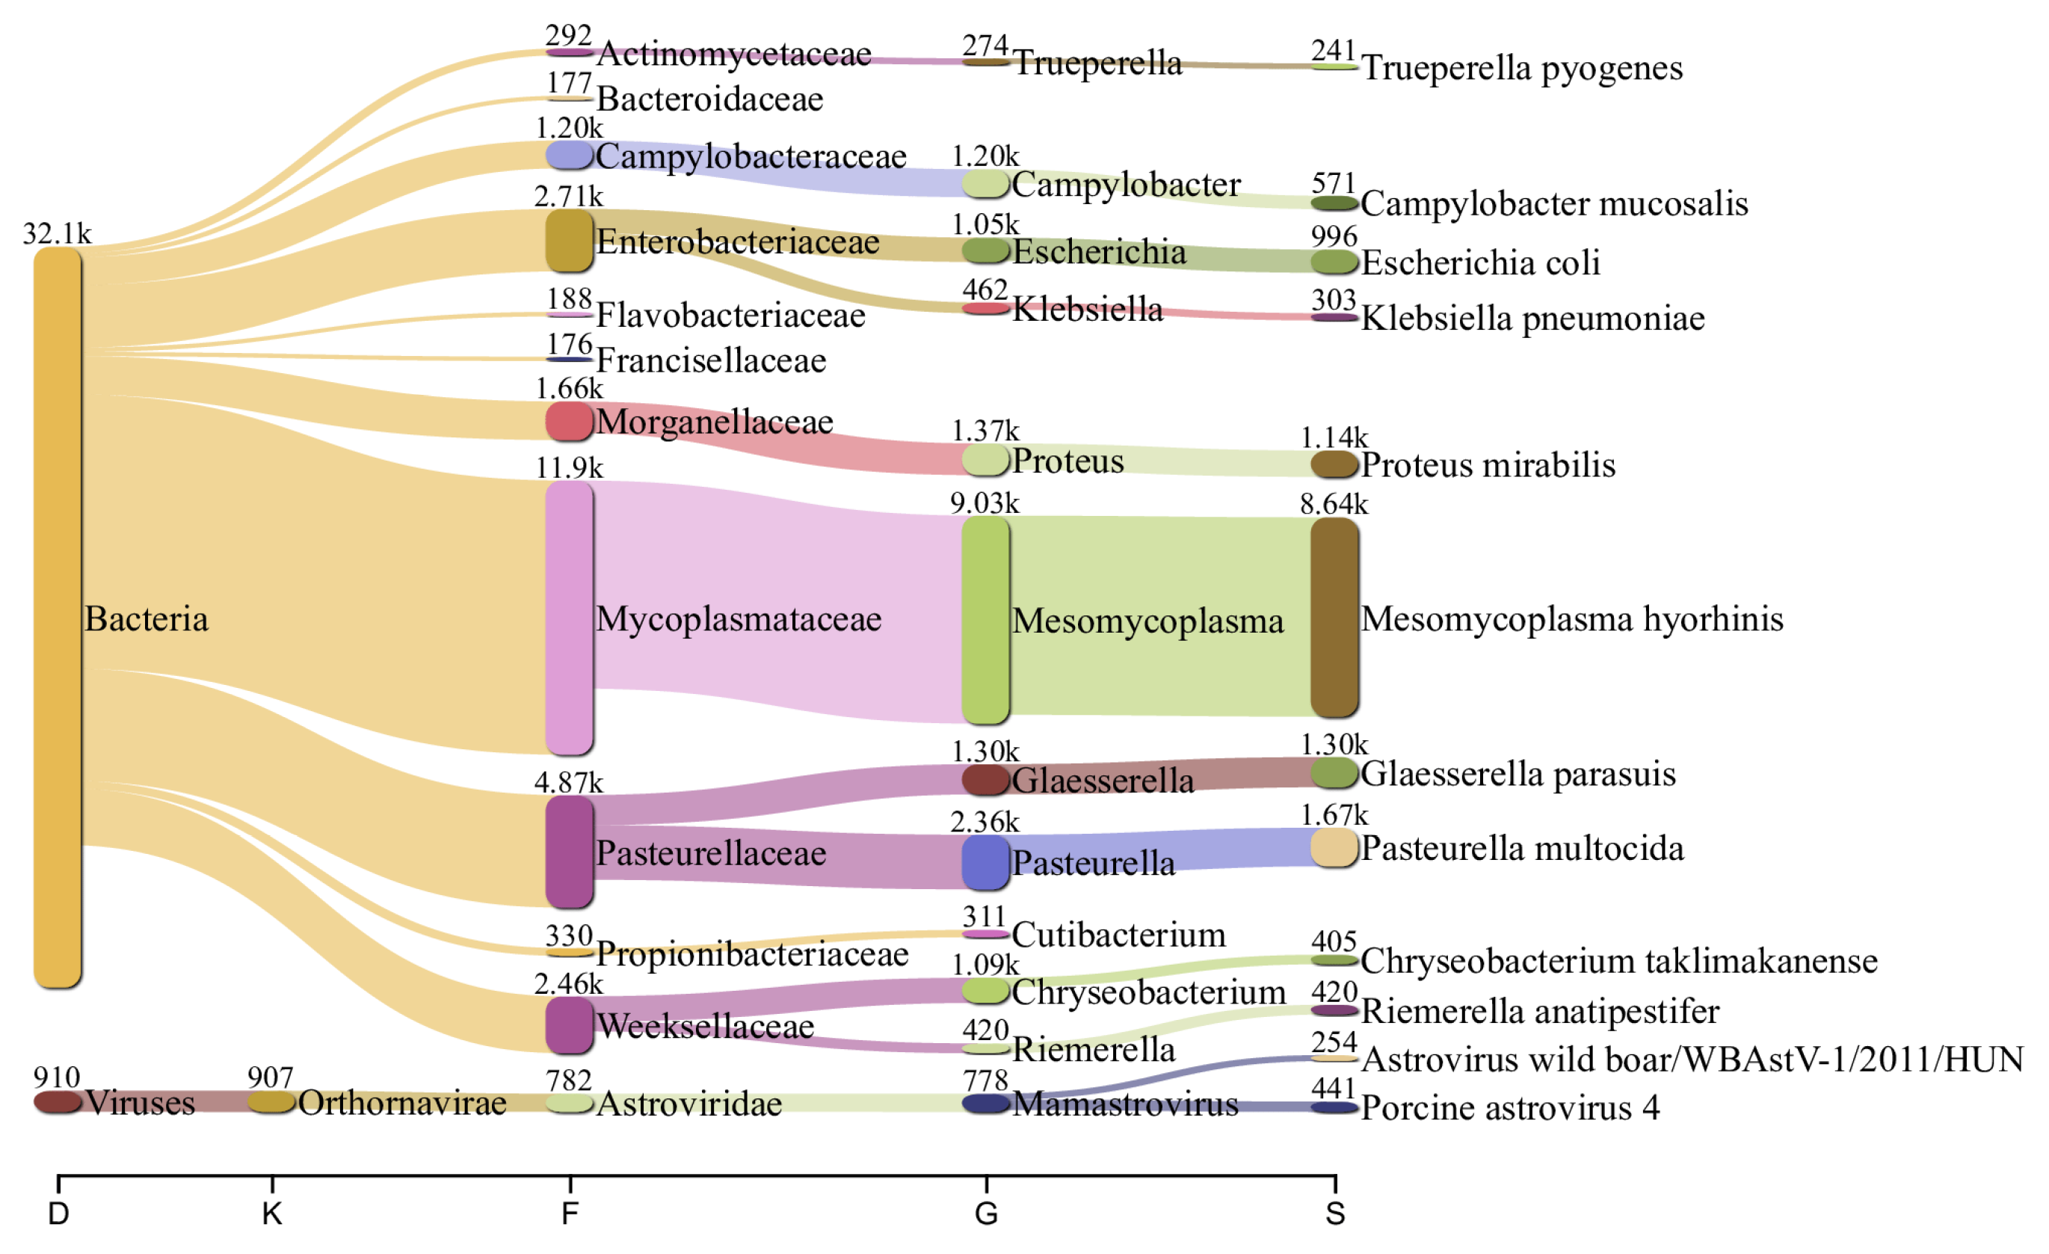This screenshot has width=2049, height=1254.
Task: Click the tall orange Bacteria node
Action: click(58, 617)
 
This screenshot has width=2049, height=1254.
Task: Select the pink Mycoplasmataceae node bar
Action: click(569, 618)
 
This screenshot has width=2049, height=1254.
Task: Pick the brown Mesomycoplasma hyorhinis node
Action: click(1334, 617)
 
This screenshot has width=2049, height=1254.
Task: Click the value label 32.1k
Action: click(57, 233)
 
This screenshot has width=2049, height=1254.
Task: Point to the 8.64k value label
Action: click(1333, 504)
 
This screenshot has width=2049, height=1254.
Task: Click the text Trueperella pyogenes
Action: click(1521, 68)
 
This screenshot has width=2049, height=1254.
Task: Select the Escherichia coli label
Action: click(1480, 262)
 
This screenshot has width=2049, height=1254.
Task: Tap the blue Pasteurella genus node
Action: click(985, 862)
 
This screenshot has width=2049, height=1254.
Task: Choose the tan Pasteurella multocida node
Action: click(1334, 847)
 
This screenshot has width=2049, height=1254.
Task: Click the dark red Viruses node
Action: click(58, 1101)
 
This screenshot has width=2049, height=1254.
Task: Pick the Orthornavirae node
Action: click(272, 1101)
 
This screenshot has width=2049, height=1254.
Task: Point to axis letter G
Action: click(985, 1214)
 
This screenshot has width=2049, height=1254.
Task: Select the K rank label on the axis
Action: click(272, 1214)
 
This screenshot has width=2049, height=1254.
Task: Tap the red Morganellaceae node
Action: click(569, 422)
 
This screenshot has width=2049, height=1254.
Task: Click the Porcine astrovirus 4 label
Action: click(1509, 1107)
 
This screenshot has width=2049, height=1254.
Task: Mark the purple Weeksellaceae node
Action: click(569, 1024)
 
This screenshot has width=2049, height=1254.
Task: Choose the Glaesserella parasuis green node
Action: click(1334, 772)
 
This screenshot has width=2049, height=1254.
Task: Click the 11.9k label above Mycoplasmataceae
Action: click(569, 468)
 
